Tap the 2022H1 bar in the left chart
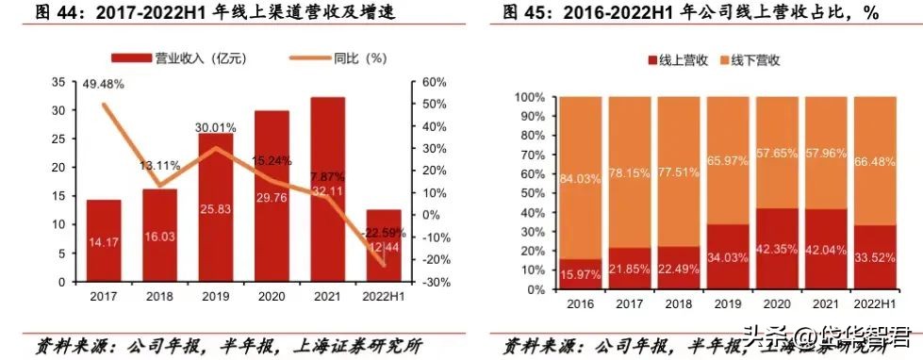pos(384,245)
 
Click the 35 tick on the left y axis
pos(58,82)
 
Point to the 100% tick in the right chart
pos(530,97)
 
